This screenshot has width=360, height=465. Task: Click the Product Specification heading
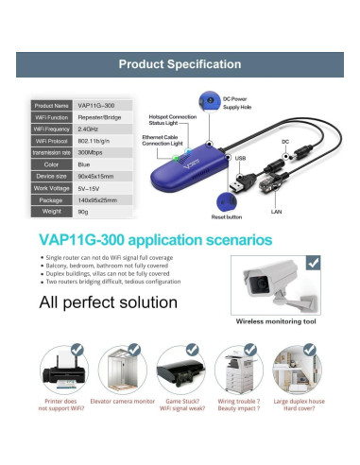[180, 64]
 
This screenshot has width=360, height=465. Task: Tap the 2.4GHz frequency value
[88, 128]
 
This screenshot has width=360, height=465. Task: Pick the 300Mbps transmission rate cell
[91, 150]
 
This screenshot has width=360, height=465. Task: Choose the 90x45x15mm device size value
[96, 174]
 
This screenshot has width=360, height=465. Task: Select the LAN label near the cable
[276, 212]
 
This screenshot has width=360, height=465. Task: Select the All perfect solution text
[108, 302]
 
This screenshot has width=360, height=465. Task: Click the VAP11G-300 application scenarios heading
[154, 240]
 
